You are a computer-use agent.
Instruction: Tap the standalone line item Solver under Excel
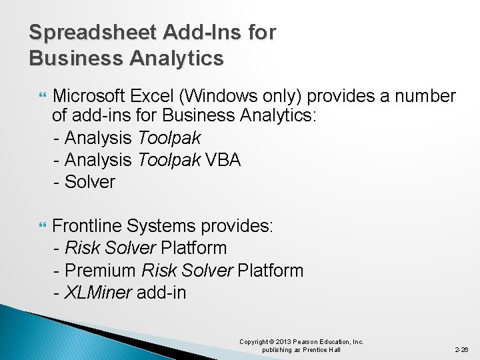coord(90,181)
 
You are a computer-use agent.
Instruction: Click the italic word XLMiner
coord(98,292)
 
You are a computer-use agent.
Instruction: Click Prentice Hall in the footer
coord(323,350)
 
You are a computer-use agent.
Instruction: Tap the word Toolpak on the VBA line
coord(169,160)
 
